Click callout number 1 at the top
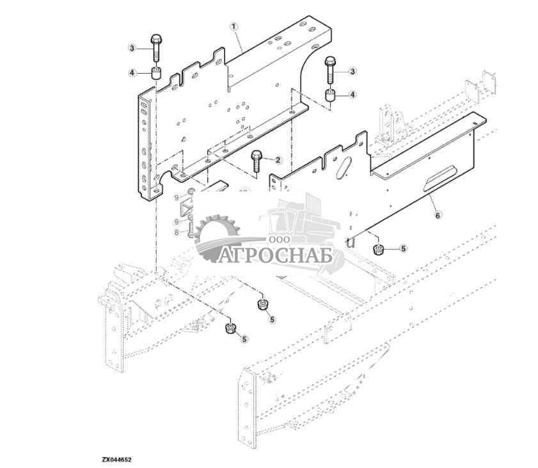click(234, 27)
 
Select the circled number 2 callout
click(278, 159)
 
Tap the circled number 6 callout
click(438, 216)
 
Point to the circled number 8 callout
click(177, 233)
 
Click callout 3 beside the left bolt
click(132, 48)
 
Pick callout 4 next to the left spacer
click(132, 73)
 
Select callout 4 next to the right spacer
click(352, 95)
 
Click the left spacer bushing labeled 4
click(155, 72)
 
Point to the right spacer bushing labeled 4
click(331, 98)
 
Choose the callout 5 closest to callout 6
click(403, 248)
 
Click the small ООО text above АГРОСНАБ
click(280, 238)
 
